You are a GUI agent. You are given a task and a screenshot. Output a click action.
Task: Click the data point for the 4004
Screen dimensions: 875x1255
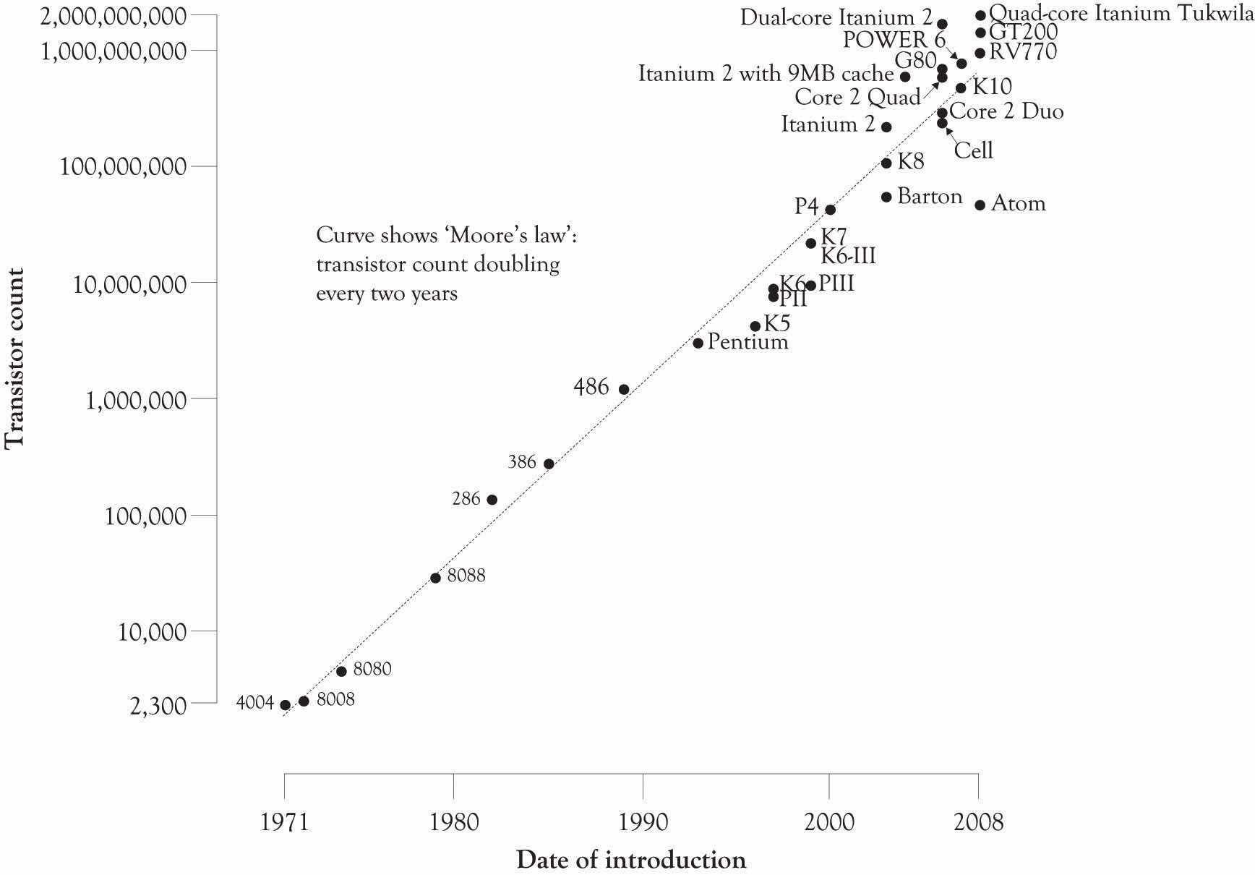point(285,705)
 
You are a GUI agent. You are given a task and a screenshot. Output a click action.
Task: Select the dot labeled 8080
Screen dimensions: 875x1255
point(341,671)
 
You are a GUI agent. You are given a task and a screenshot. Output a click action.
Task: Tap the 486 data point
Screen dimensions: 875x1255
point(624,389)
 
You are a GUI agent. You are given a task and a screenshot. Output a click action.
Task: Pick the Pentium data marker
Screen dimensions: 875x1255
point(698,343)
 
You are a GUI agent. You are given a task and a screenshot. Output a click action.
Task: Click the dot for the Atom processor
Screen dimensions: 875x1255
point(980,205)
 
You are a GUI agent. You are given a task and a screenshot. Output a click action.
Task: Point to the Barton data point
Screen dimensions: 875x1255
point(886,197)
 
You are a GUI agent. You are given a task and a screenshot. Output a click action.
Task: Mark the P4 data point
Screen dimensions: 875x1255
point(830,210)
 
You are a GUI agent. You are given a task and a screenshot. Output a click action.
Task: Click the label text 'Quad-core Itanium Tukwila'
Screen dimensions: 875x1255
point(1121,13)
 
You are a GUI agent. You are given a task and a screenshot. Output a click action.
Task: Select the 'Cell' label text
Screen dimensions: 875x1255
point(973,150)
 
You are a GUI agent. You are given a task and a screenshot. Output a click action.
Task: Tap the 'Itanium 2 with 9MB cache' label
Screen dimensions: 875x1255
point(766,74)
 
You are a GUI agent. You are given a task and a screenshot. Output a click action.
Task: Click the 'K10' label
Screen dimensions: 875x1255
point(992,87)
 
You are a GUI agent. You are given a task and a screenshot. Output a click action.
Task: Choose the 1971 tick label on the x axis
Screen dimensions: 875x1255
point(284,821)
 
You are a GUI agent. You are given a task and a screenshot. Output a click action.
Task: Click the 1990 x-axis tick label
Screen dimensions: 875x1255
point(642,821)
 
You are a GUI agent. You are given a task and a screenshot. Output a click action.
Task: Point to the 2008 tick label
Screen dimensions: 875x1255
point(978,821)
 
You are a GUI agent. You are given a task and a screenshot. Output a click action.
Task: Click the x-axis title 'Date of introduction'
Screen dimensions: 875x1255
point(630,860)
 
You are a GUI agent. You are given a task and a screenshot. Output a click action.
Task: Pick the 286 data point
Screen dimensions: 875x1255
point(492,500)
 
